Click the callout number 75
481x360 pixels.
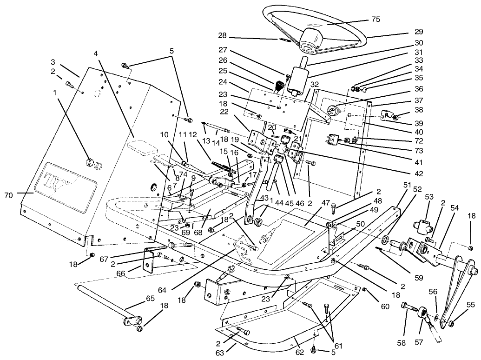pos(376,20)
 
